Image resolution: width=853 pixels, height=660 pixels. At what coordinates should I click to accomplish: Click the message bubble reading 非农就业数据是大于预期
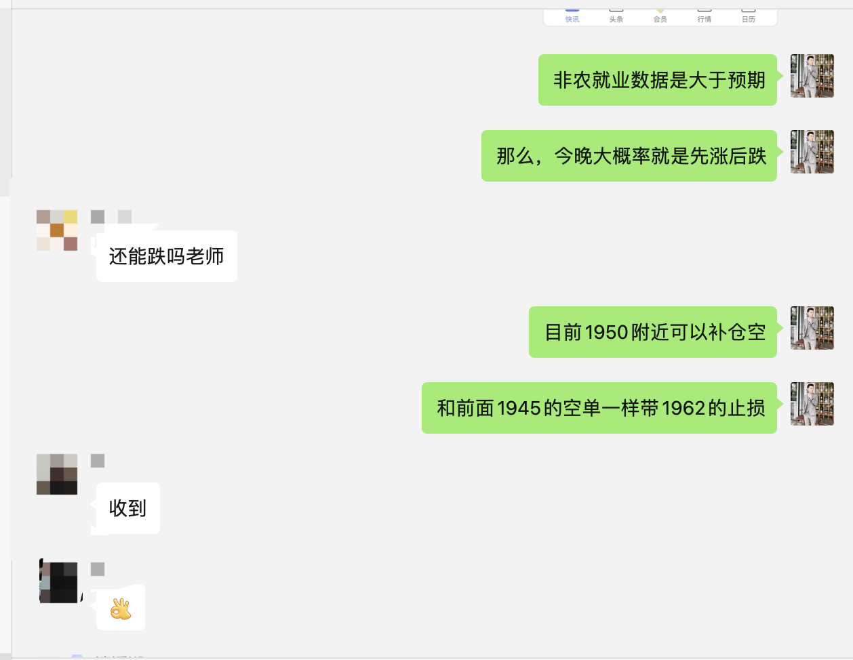pyautogui.click(x=658, y=80)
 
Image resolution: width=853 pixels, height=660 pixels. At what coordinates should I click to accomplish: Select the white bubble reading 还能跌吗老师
pyautogui.click(x=167, y=256)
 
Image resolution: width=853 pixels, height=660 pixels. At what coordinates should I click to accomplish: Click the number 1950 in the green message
pyautogui.click(x=606, y=332)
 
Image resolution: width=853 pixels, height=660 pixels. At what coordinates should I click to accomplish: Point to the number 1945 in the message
pyautogui.click(x=519, y=408)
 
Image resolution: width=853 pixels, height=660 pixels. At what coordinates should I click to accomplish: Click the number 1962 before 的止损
pyautogui.click(x=683, y=408)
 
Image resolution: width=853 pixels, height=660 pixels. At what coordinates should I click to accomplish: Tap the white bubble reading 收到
pyautogui.click(x=128, y=508)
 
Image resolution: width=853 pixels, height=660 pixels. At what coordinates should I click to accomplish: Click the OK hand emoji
pyautogui.click(x=121, y=609)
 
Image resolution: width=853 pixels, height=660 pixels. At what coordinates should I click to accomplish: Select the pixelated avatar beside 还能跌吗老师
pyautogui.click(x=57, y=230)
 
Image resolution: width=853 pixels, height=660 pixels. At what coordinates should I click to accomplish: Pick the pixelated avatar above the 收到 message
pyautogui.click(x=57, y=474)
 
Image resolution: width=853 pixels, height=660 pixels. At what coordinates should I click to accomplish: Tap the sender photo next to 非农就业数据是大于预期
pyautogui.click(x=812, y=76)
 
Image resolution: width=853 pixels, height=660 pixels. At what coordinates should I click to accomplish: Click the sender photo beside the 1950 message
pyautogui.click(x=812, y=328)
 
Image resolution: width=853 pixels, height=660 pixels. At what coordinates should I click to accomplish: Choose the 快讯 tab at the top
pyautogui.click(x=572, y=18)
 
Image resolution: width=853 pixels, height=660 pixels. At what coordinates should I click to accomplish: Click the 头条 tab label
pyautogui.click(x=616, y=18)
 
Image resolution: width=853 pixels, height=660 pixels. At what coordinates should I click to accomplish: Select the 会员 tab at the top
pyautogui.click(x=660, y=18)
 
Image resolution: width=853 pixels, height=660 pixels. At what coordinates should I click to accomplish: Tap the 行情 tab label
pyautogui.click(x=705, y=18)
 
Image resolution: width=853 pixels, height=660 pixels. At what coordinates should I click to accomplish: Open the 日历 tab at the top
pyautogui.click(x=749, y=18)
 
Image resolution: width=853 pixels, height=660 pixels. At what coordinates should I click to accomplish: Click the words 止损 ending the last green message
pyautogui.click(x=747, y=408)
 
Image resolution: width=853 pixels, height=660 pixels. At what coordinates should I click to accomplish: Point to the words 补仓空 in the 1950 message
pyautogui.click(x=737, y=332)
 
